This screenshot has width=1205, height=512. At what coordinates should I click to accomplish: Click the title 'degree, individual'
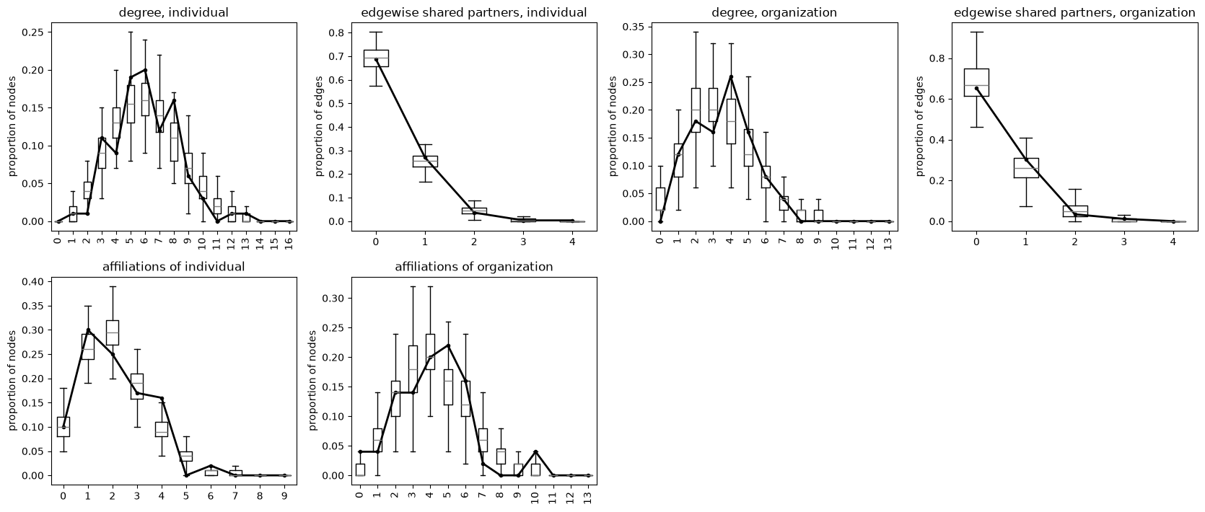(x=174, y=12)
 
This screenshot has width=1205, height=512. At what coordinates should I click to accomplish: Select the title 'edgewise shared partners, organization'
(x=1074, y=12)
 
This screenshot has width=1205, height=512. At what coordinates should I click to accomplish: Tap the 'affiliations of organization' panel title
(x=474, y=266)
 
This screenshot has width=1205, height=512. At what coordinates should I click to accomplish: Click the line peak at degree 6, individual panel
(x=145, y=70)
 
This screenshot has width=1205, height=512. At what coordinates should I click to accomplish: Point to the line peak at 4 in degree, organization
(x=730, y=76)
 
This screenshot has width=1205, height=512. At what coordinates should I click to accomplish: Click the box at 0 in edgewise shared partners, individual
(x=376, y=58)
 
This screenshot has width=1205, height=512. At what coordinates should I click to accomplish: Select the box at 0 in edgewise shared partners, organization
(x=976, y=82)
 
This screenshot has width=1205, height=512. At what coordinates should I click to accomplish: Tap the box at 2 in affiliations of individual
(x=113, y=332)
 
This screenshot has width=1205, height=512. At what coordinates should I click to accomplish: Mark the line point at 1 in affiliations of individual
(x=88, y=330)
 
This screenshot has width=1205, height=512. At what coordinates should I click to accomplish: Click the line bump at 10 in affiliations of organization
(x=535, y=451)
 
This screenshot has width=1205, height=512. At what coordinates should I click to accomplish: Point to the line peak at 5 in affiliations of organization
(x=448, y=345)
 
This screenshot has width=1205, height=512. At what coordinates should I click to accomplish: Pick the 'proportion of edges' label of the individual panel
(x=318, y=126)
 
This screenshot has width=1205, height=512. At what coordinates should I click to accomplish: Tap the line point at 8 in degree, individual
(x=174, y=100)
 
